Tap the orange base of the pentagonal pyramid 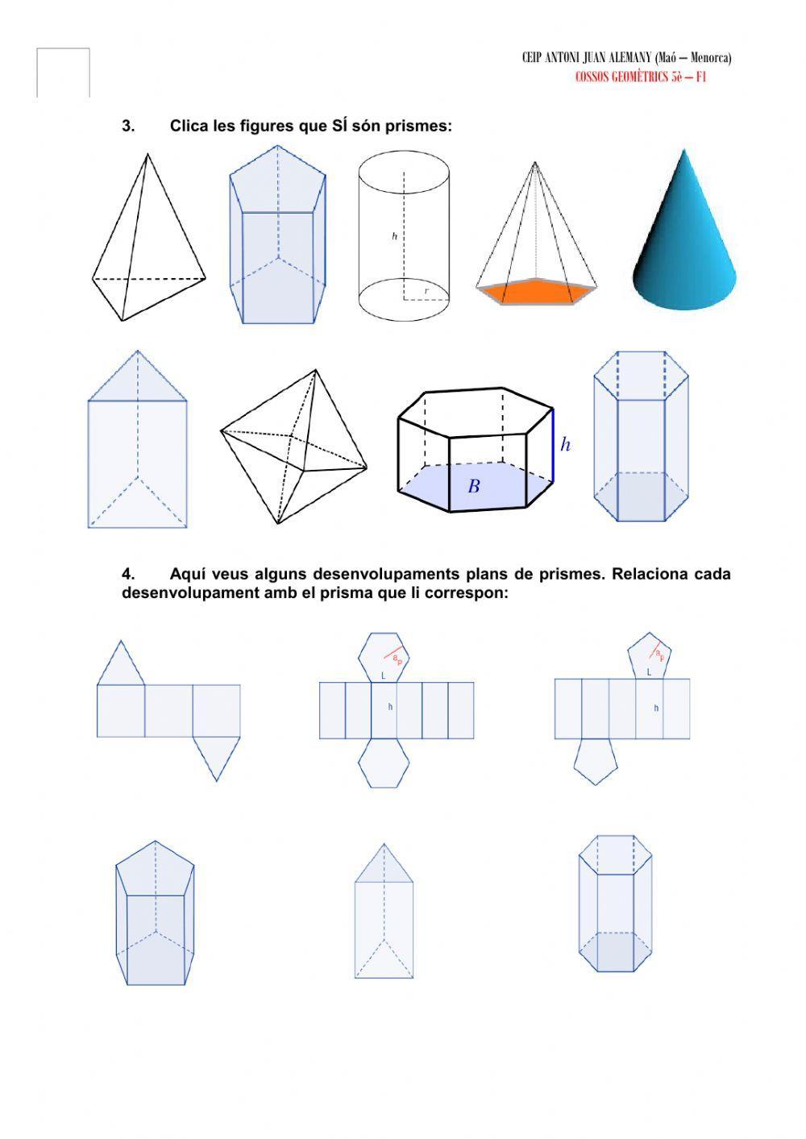pos(536,291)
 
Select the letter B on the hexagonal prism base pos(474,487)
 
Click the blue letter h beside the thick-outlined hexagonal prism pos(565,444)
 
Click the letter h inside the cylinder pos(394,236)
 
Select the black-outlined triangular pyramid pos(145,242)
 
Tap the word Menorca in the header pos(710,58)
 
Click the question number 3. pos(128,126)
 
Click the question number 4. pos(128,574)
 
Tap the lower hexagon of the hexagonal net pos(384,763)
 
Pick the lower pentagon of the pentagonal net pos(596,762)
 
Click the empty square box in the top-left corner pos(63,73)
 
